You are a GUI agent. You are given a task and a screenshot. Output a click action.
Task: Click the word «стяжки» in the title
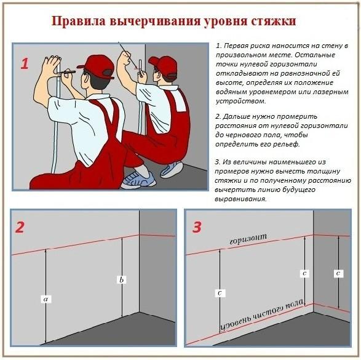click(x=271, y=22)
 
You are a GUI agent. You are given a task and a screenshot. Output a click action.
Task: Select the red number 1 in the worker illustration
click(x=25, y=63)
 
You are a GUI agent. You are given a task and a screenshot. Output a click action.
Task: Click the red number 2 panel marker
click(x=20, y=227)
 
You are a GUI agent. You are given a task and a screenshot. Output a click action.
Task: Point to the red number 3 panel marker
click(x=197, y=227)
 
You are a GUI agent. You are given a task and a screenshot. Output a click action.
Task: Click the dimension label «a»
click(x=45, y=299)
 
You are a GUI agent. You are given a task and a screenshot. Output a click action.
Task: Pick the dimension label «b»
click(x=122, y=280)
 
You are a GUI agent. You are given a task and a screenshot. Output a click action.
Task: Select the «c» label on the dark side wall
click(x=338, y=273)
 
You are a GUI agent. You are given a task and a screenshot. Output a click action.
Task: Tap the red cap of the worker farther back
click(x=163, y=65)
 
